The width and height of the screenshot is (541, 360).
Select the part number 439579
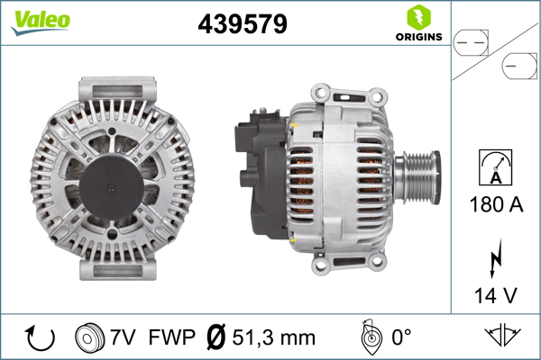coord(242,25)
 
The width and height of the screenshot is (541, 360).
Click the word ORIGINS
coord(417,37)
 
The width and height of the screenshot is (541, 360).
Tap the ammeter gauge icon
coord(497,166)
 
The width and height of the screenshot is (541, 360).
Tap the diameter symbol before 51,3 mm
coord(216,338)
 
